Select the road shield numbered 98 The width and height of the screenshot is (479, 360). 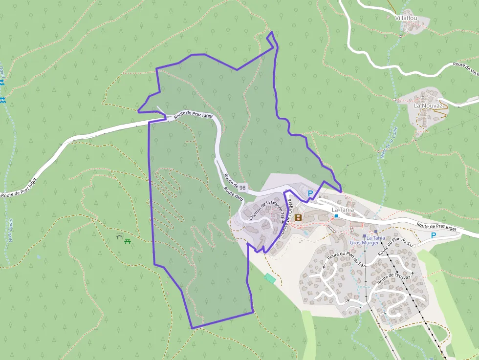pyautogui.click(x=242, y=188)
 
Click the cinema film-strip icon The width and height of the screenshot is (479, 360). pyautogui.click(x=298, y=217)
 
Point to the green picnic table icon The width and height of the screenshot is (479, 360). pyautogui.click(x=128, y=240)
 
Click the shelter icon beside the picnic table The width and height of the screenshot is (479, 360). pyautogui.click(x=119, y=237)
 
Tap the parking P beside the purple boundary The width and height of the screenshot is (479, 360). pyautogui.click(x=310, y=193)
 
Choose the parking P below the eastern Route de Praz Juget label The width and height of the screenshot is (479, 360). pyautogui.click(x=433, y=235)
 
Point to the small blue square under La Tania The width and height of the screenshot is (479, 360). pyautogui.click(x=336, y=215)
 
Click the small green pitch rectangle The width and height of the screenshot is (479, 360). pyautogui.click(x=270, y=278)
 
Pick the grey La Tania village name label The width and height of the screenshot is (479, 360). pyautogui.click(x=342, y=210)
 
